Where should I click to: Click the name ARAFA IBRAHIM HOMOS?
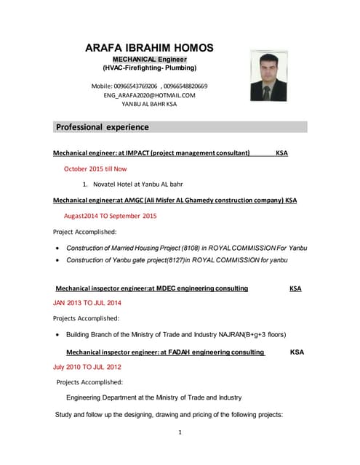tap(149, 48)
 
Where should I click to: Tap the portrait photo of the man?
tap(268, 76)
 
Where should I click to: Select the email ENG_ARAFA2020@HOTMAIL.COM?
tap(149, 95)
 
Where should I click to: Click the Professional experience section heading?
tap(103, 127)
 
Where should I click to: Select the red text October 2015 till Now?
tap(95, 169)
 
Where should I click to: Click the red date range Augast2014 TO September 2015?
tap(110, 216)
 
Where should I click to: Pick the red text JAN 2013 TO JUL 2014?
tap(87, 302)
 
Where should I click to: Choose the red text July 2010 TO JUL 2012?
tap(87, 367)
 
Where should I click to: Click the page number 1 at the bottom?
tap(180, 433)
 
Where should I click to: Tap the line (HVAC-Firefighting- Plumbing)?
tap(149, 68)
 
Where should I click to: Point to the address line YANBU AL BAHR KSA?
tap(149, 104)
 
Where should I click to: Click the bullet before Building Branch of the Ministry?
tap(57, 334)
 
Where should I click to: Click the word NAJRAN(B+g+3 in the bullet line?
tap(241, 334)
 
